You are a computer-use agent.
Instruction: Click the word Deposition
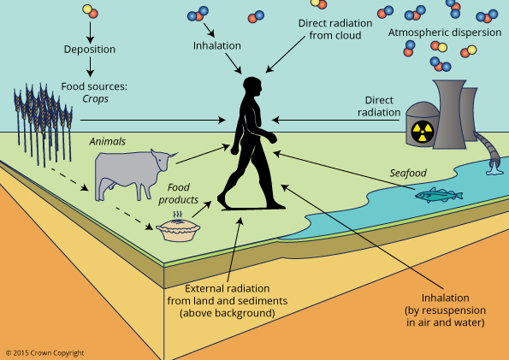(90, 50)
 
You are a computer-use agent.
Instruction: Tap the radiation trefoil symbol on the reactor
(422, 132)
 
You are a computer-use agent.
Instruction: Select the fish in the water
(439, 195)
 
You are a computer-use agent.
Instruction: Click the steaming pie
(178, 227)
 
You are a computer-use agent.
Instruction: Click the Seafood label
(408, 173)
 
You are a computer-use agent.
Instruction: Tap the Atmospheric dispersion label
(445, 32)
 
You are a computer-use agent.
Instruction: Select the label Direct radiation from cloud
(335, 29)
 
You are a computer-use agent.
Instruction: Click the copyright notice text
(44, 353)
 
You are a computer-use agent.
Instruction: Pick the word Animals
(108, 142)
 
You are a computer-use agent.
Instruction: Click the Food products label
(178, 193)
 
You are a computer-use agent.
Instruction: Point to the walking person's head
(252, 86)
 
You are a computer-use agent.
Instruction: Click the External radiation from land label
(228, 301)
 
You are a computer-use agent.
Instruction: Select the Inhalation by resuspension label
(445, 310)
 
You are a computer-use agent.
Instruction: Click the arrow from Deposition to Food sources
(90, 68)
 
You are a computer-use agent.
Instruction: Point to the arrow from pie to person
(202, 210)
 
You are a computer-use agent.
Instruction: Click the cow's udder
(112, 186)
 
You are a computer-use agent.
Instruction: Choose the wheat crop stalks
(43, 123)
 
